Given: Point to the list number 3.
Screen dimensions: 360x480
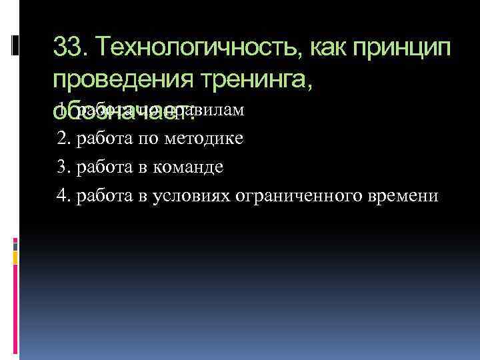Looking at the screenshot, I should [63, 167].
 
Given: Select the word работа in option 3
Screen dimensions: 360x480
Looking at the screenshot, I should [107, 167].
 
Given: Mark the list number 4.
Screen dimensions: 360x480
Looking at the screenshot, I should [63, 195].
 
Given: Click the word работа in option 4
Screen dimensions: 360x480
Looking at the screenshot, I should [107, 195].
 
